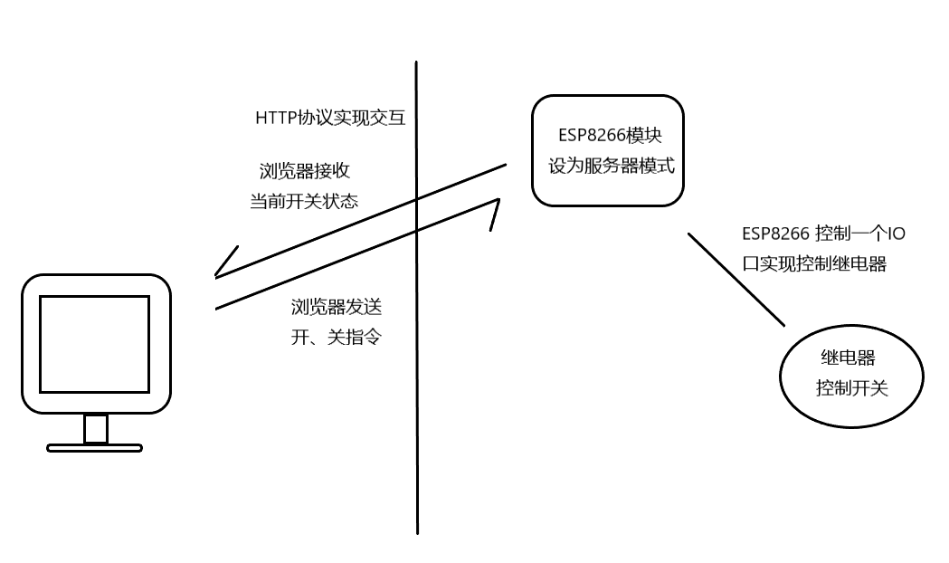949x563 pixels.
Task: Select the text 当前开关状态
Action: [304, 201]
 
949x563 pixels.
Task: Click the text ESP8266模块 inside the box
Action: [609, 136]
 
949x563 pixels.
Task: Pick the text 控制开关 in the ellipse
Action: [851, 388]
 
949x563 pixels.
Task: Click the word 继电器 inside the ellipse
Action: [847, 358]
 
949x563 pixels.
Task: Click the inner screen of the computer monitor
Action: [94, 344]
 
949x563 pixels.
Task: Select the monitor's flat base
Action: [94, 447]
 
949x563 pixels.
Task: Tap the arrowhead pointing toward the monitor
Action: [224, 262]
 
